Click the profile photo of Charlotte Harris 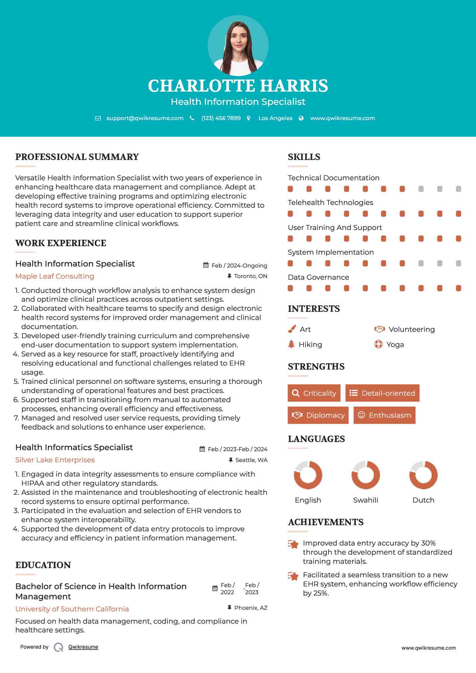238,46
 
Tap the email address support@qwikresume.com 145,118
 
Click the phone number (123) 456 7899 221,118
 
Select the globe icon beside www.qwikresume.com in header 301,118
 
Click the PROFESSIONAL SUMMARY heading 77,157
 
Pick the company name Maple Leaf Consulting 55,276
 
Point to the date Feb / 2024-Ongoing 239,265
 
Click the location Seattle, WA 251,460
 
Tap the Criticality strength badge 314,393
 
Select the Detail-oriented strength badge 382,393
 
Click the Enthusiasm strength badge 384,415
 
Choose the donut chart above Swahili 366,475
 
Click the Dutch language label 423,500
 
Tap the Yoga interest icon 379,344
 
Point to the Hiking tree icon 291,344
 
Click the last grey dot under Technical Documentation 458,189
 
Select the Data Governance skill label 318,277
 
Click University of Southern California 72,609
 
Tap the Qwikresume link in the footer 83,647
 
